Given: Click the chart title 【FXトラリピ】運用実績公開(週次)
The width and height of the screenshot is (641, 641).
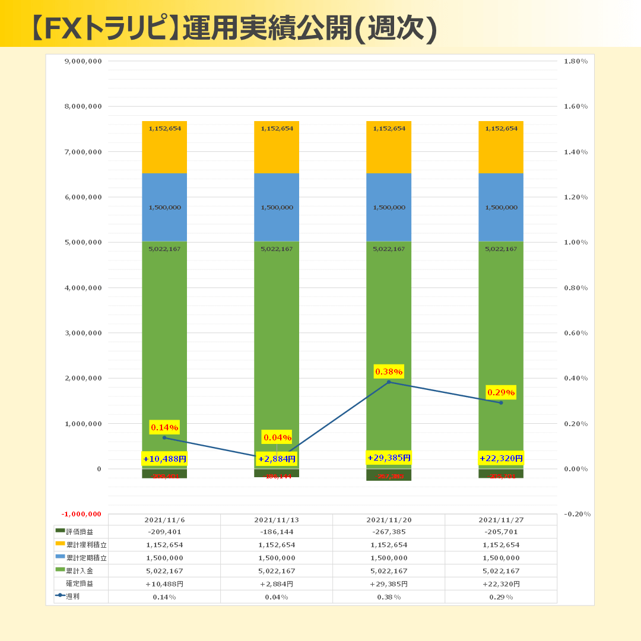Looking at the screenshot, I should (234, 27).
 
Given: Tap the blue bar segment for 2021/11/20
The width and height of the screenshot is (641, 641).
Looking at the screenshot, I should (389, 196).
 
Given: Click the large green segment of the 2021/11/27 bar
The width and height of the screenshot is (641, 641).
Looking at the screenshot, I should (501, 332).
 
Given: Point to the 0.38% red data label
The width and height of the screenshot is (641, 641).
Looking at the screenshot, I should (389, 372).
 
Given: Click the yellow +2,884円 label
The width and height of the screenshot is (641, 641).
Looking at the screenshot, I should (277, 459).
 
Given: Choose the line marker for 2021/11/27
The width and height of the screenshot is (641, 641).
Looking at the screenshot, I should (501, 402).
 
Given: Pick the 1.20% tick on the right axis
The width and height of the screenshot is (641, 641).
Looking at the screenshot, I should (575, 197).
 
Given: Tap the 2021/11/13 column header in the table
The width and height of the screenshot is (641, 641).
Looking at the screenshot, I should (277, 520).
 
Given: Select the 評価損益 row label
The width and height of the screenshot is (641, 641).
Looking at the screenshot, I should (80, 532).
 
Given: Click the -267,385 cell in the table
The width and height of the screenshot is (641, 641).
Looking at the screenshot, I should (389, 532).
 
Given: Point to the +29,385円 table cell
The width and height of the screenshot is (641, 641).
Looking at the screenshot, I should (389, 584).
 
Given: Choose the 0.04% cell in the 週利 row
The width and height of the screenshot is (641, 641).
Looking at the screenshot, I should (277, 597).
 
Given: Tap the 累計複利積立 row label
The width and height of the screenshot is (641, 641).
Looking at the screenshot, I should (86, 545).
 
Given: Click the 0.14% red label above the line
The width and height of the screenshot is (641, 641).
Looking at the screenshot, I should (164, 427).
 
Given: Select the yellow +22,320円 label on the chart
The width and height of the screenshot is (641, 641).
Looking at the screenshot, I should (501, 458).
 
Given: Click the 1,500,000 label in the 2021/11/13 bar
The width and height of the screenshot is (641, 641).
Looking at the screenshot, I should (277, 208).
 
